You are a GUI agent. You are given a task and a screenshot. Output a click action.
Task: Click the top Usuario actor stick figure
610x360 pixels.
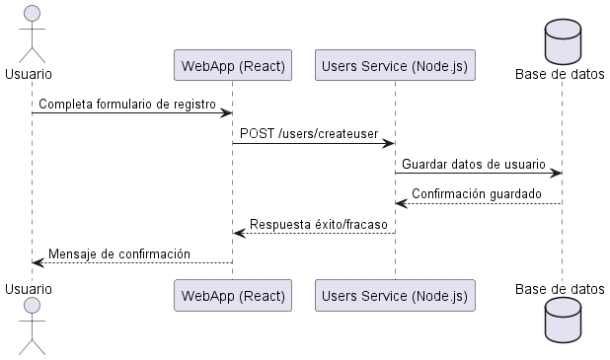pos(31,34)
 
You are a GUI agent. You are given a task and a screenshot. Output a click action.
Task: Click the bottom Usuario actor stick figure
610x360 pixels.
pos(31,329)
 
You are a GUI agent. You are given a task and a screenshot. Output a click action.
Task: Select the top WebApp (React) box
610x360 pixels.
pos(233,66)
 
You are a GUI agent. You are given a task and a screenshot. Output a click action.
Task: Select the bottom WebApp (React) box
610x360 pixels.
pos(233,294)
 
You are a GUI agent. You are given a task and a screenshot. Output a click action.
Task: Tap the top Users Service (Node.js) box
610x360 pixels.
pos(395,66)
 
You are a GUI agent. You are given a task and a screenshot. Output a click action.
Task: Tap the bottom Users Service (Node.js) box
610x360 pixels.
pos(395,294)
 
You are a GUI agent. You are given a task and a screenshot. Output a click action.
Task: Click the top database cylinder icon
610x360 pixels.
pos(562,36)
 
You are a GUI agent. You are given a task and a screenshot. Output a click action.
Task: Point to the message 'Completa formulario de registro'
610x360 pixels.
pos(126,104)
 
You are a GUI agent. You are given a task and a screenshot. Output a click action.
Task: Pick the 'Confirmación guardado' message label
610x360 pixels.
pos(476,194)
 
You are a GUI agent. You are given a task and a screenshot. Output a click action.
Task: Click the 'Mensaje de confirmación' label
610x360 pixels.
pos(118,253)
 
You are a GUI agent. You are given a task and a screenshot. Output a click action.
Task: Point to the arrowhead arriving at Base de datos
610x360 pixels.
pos(556,174)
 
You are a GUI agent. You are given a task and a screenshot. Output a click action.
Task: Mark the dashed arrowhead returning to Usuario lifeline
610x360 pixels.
pos(38,262)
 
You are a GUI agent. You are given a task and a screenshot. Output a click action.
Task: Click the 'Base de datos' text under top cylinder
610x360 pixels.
pos(561,74)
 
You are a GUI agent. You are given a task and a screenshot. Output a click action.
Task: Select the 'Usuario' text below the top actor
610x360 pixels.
pos(29,74)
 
